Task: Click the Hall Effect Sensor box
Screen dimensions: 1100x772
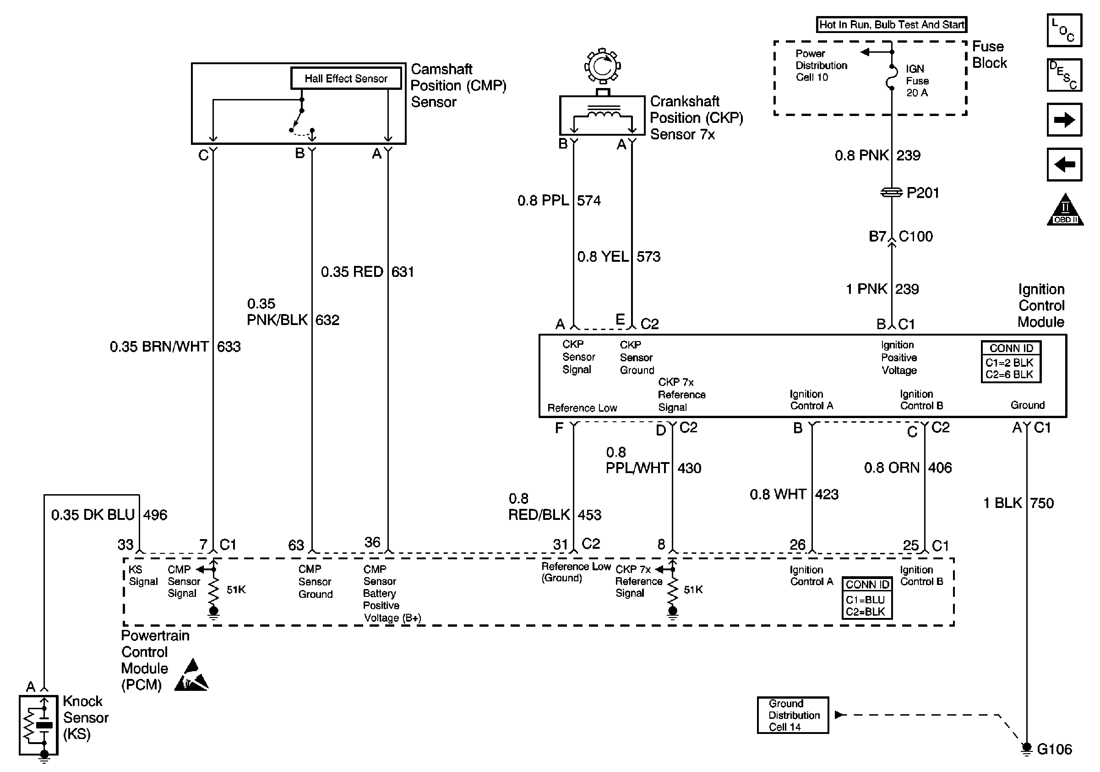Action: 346,78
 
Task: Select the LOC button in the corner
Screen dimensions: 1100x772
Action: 1064,30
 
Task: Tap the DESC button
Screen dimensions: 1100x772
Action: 1064,75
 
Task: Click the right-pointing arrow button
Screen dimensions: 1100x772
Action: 1064,119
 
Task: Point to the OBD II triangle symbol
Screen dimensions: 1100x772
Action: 1065,210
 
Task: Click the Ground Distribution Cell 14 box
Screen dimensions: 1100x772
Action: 793,715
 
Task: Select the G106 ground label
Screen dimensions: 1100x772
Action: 1054,749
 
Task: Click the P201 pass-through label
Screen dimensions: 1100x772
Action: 923,193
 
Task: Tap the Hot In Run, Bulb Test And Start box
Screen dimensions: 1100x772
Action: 892,24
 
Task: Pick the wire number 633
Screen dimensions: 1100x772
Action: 229,346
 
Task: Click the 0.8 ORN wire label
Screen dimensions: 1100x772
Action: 892,468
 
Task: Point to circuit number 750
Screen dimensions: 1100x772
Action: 1041,503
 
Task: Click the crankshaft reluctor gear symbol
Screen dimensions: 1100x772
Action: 602,66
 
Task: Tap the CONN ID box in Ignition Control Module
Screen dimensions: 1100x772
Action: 1011,361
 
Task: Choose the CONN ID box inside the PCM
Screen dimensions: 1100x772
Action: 867,598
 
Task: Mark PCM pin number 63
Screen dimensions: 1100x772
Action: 296,545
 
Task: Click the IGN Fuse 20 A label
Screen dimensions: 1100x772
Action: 917,81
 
